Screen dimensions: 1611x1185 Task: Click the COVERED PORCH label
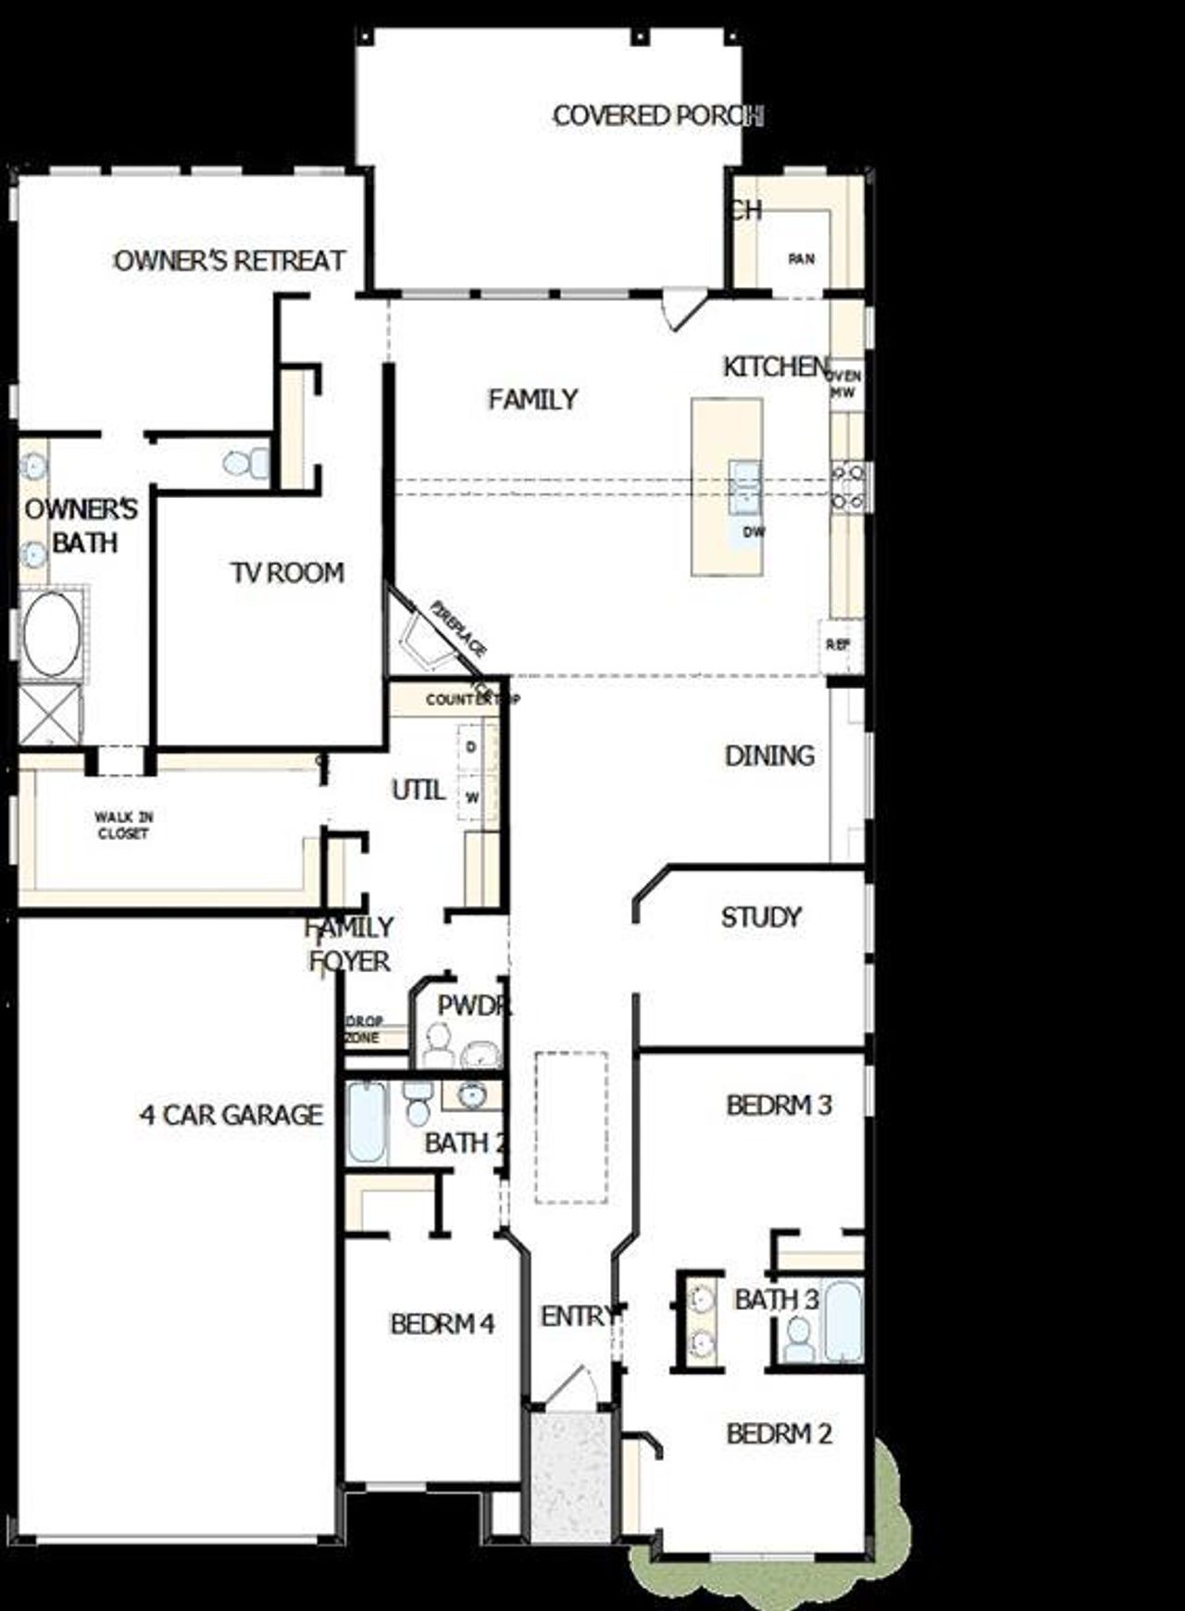tap(657, 116)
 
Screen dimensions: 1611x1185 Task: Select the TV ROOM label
tap(287, 573)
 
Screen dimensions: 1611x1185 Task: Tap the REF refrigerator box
tap(838, 643)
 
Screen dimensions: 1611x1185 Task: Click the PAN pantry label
tap(801, 259)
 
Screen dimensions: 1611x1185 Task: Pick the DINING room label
tap(769, 756)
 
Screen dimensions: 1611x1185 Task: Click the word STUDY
tap(761, 918)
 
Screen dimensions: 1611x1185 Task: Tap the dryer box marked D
tap(471, 746)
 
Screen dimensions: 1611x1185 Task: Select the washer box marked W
tap(471, 797)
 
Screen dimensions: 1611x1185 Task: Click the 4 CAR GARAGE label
tap(231, 1115)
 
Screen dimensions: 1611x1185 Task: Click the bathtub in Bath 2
tap(368, 1123)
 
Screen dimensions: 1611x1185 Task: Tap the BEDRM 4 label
tap(442, 1324)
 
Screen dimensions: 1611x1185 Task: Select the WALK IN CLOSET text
tap(122, 825)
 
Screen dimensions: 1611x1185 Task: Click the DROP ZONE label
tap(364, 1029)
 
